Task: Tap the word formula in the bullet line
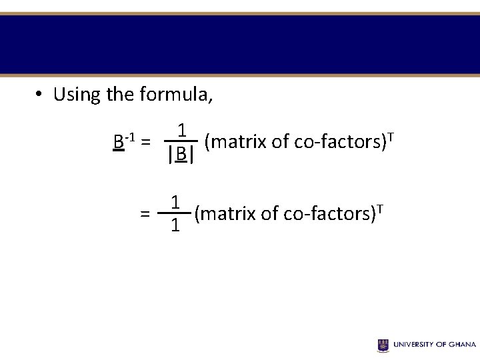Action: [175, 95]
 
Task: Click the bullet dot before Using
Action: [40, 95]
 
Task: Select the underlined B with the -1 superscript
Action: [119, 142]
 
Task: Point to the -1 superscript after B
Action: [131, 137]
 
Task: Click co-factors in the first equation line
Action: [342, 141]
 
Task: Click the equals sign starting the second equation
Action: [145, 214]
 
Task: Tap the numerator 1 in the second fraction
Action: [174, 201]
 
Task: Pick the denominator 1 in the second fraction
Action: [174, 226]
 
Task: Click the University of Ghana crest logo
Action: [383, 345]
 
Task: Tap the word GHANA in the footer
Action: [461, 345]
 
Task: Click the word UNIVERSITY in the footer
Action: [414, 345]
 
